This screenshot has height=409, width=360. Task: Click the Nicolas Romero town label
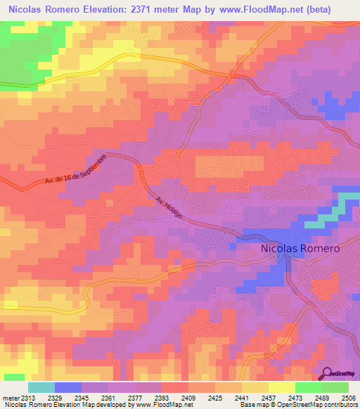tap(300, 249)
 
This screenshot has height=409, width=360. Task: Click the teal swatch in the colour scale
tap(41, 387)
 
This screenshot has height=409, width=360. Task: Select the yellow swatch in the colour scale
tap(281, 387)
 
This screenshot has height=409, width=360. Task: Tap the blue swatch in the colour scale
tap(67, 387)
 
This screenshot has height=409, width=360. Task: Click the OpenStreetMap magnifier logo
tap(326, 373)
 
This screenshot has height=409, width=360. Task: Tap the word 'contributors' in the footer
tap(340, 405)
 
